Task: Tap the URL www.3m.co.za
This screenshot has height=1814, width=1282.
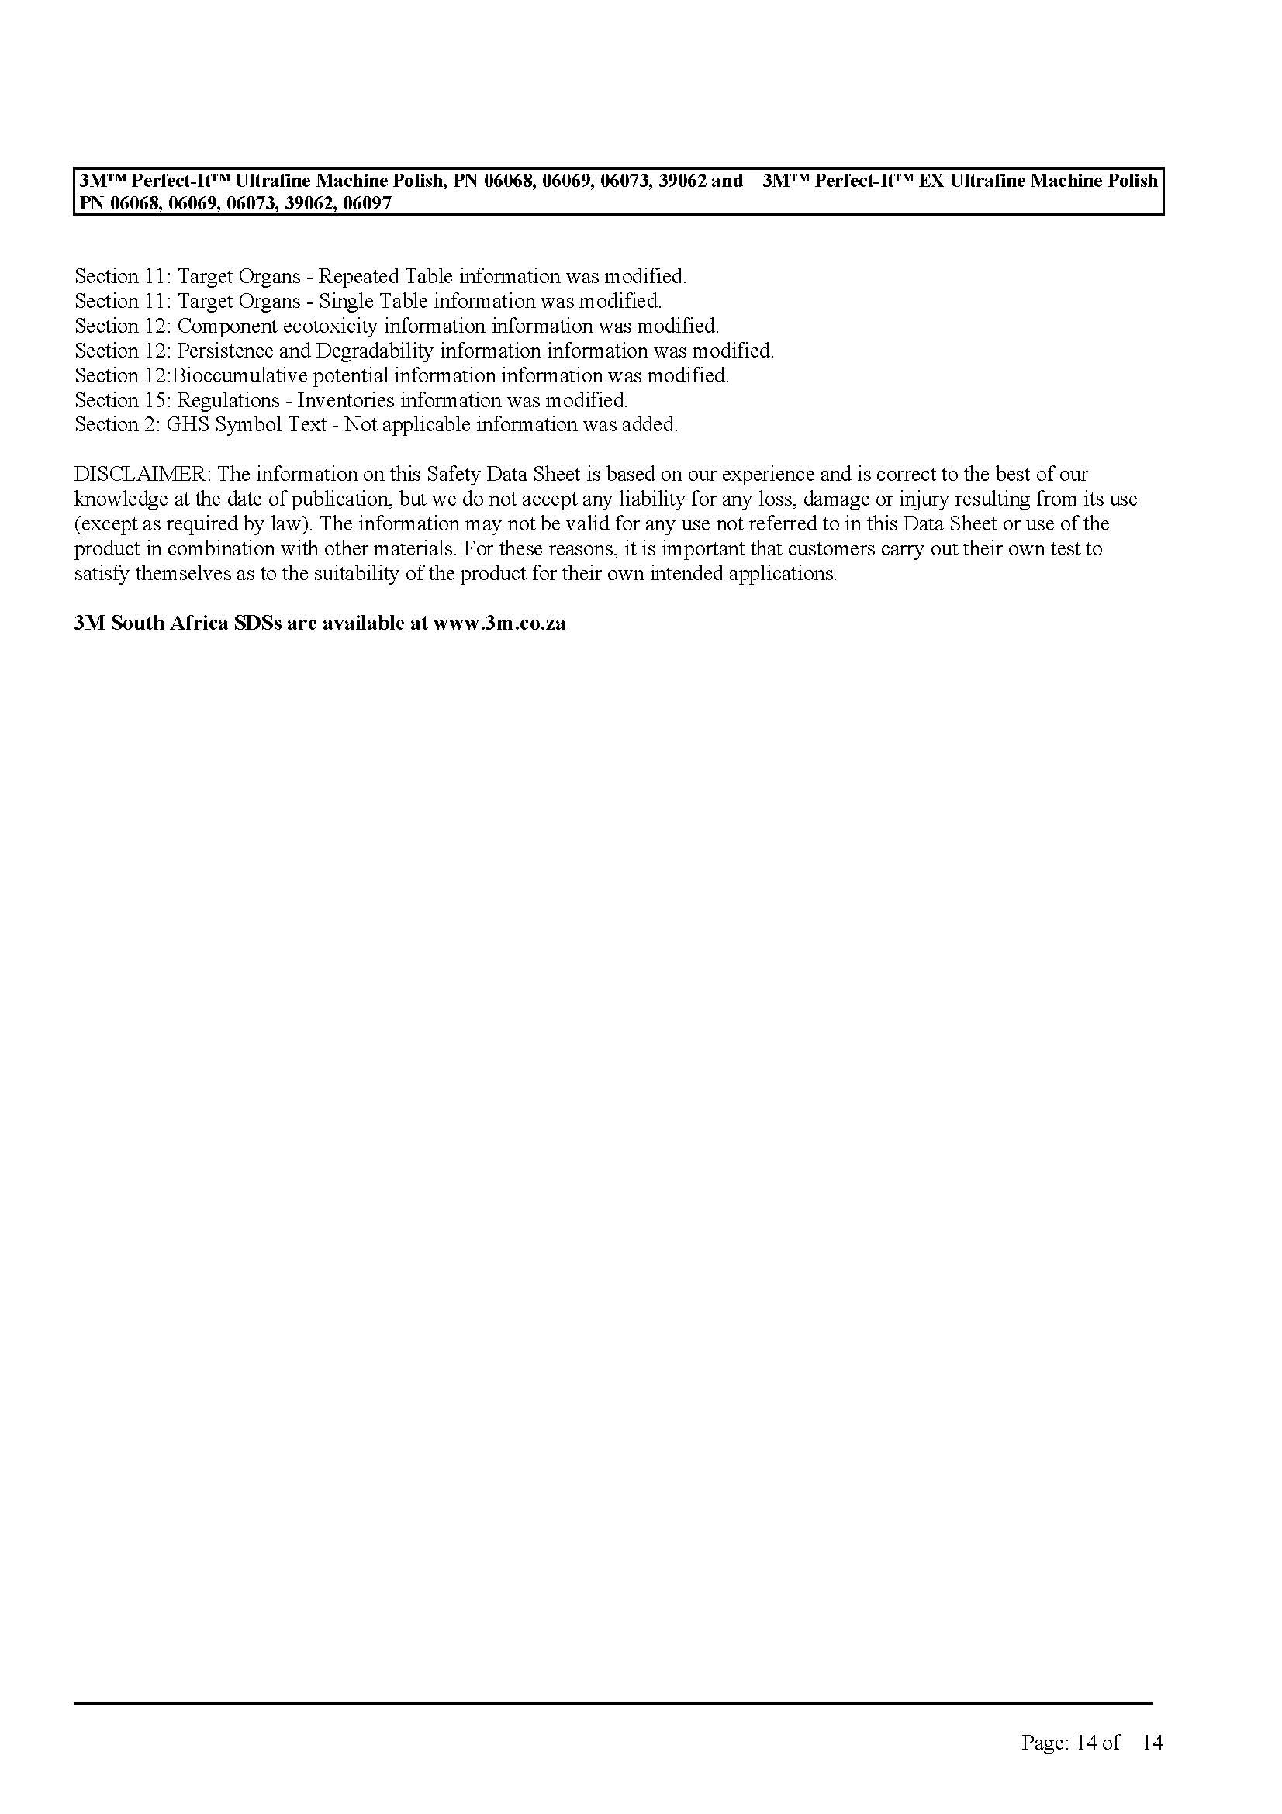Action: [499, 624]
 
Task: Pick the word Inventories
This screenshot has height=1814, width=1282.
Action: [345, 400]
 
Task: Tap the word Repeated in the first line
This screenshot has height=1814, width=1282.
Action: [358, 277]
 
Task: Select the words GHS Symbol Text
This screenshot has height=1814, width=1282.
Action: [247, 425]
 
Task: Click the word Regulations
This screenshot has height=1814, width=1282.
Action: [228, 400]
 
